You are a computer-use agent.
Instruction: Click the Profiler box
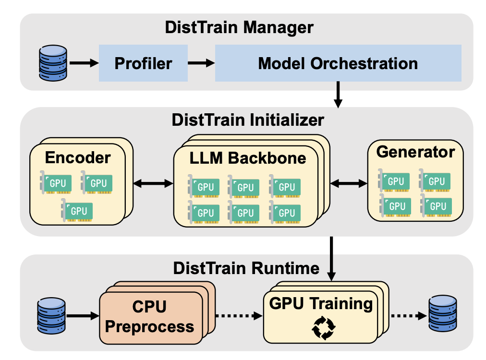[x=143, y=63]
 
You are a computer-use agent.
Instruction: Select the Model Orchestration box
[x=338, y=63]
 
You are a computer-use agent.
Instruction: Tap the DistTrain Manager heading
[x=239, y=27]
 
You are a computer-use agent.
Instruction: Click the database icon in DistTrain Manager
[x=52, y=63]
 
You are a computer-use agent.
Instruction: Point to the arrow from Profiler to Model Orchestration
[x=201, y=63]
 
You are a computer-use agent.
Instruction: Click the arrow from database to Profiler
[x=84, y=63]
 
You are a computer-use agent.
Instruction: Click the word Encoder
[x=78, y=157]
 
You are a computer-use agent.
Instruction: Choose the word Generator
[x=415, y=152]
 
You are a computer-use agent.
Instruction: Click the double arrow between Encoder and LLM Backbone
[x=153, y=183]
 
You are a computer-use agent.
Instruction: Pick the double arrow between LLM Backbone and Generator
[x=348, y=183]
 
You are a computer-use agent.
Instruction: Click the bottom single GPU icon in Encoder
[x=76, y=210]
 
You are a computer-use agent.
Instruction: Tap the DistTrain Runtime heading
[x=246, y=268]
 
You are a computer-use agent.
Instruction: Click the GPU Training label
[x=321, y=304]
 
